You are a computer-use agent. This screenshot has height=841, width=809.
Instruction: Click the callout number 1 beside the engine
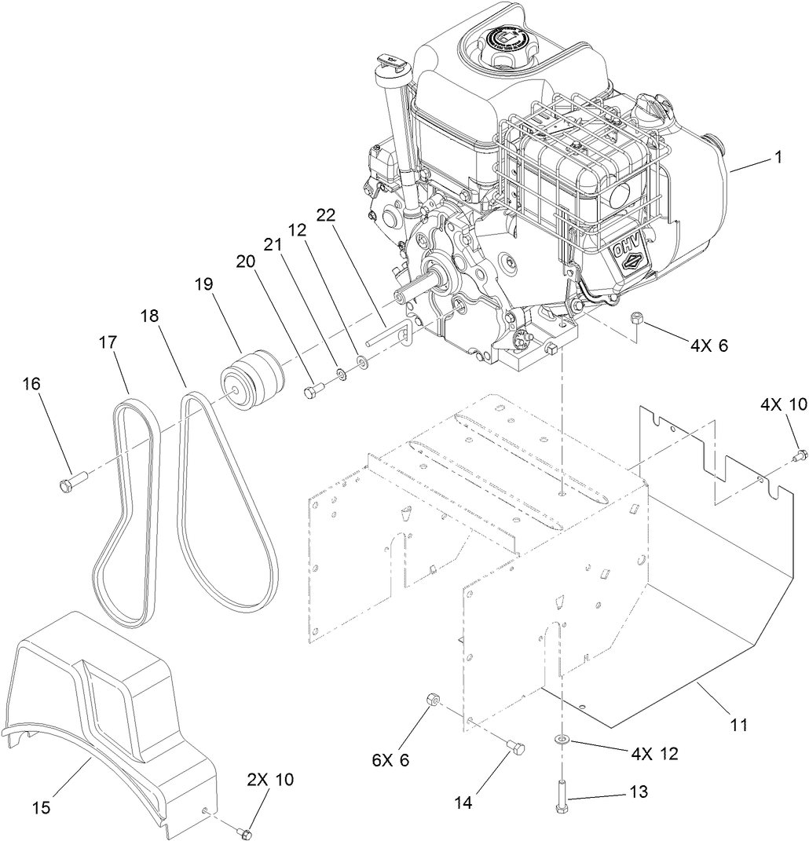pos(778,158)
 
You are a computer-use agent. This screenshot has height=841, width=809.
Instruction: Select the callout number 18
pos(148,316)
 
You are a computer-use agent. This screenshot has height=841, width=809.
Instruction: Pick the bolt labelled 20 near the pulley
pos(313,389)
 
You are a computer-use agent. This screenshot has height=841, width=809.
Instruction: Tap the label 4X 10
pos(782,404)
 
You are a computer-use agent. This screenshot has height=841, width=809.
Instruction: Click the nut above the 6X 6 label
pos(432,700)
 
